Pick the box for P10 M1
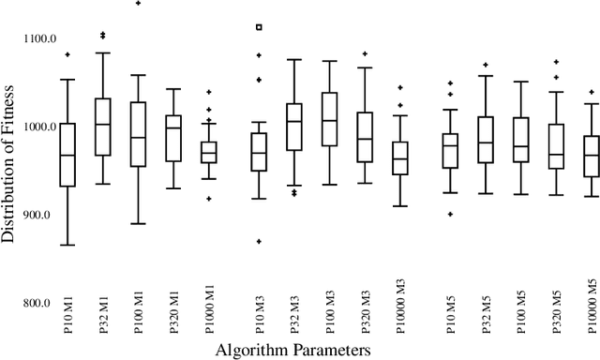pyautogui.click(x=67, y=155)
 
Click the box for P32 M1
pyautogui.click(x=102, y=127)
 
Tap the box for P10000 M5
pyautogui.click(x=591, y=155)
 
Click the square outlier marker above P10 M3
pyautogui.click(x=260, y=27)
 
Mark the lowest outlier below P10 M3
pyautogui.click(x=260, y=241)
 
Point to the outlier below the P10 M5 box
pyautogui.click(x=449, y=214)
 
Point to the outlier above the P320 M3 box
pyautogui.click(x=365, y=53)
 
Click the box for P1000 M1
pyautogui.click(x=209, y=152)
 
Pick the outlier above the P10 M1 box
pyautogui.click(x=67, y=54)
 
